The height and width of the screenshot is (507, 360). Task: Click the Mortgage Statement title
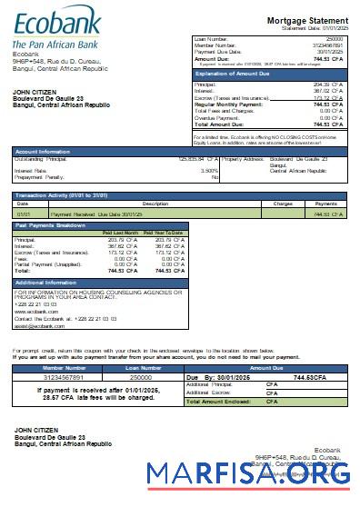tap(307, 20)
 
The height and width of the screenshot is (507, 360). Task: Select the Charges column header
tap(283, 204)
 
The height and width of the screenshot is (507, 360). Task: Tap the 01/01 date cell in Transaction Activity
tap(24, 214)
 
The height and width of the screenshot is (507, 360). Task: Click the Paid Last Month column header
tap(120, 234)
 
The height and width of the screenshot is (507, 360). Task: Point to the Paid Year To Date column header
tap(164, 234)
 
